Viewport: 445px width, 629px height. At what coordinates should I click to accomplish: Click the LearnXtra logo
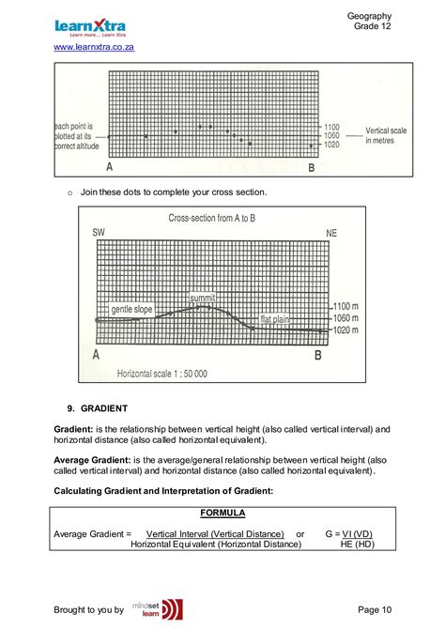[90, 27]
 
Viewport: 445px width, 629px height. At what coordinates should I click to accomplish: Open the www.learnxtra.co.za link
[95, 47]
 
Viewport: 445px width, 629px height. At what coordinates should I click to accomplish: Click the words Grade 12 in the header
[373, 26]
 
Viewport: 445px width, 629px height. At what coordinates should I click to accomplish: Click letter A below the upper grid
[110, 167]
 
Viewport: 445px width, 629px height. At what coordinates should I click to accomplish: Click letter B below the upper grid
[312, 168]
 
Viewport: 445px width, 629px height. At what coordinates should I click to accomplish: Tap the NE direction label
[331, 232]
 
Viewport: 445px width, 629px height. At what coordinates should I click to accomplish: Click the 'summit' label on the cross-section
[202, 298]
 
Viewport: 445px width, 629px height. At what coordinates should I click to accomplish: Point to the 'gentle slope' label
[131, 309]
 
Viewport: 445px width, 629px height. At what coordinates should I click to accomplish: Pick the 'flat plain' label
[275, 318]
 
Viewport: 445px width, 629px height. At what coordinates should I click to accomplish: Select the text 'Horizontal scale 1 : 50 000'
[161, 374]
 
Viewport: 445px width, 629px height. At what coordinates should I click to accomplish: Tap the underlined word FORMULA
[223, 513]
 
